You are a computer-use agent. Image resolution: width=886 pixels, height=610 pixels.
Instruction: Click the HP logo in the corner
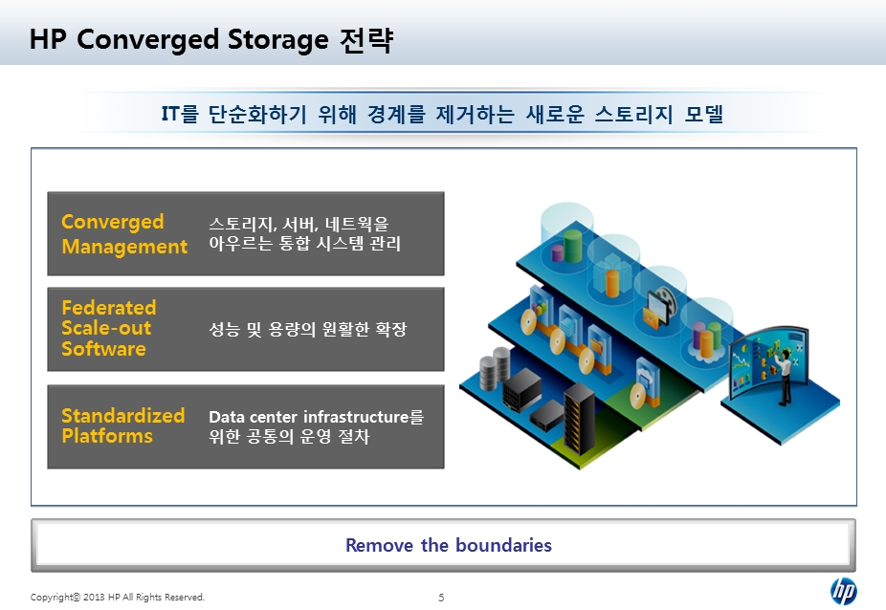pos(843,592)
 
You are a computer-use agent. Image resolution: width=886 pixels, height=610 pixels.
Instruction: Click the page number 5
pos(441,598)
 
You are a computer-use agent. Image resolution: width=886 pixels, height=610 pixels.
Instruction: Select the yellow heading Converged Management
pos(124,234)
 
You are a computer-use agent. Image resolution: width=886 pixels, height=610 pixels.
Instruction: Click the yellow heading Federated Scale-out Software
pos(108,328)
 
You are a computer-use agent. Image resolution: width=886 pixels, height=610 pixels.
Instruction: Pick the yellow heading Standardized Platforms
pos(123,425)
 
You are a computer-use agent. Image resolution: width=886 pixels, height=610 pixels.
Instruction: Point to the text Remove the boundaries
pos(449,545)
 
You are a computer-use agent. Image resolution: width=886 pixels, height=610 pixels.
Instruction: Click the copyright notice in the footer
pos(118,597)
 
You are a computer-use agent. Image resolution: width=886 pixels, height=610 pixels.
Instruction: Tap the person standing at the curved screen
pos(784,376)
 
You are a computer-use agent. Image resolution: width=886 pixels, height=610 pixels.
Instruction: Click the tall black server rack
pos(579,418)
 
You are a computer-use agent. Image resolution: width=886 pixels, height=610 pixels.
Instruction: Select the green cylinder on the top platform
pos(572,245)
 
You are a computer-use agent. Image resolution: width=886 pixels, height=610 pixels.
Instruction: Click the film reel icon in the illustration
pos(663,301)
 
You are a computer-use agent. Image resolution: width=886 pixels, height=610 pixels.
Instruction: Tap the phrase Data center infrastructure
pos(308,417)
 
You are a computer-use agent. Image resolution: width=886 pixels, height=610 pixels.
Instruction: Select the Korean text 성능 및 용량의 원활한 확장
pos(307,329)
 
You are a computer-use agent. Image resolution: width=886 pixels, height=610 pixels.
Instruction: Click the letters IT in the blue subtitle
pos(170,114)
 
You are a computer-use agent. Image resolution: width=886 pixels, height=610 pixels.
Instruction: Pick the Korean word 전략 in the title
pos(366,39)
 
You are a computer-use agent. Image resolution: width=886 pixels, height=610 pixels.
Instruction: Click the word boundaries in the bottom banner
pos(503,545)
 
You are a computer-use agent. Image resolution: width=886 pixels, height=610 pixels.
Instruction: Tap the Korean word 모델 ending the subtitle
pos(704,114)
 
